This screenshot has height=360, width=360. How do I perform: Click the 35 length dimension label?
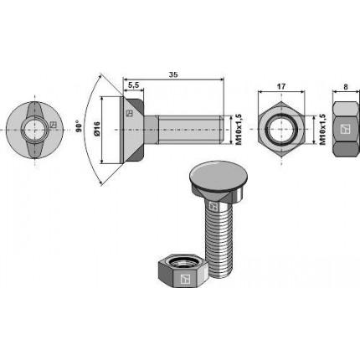[173, 75]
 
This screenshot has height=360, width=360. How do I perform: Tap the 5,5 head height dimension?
[133, 85]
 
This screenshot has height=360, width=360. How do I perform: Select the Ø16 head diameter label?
[97, 129]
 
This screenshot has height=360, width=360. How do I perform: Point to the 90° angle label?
[79, 126]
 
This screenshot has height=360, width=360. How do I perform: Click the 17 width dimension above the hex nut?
[281, 86]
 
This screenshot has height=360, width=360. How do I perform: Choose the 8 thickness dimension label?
[346, 87]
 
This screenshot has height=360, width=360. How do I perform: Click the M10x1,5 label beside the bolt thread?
[239, 129]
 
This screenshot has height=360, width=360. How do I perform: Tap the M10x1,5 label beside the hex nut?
[322, 129]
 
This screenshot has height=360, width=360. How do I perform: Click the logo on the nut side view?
[346, 129]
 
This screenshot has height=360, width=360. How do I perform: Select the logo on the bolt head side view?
[129, 113]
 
